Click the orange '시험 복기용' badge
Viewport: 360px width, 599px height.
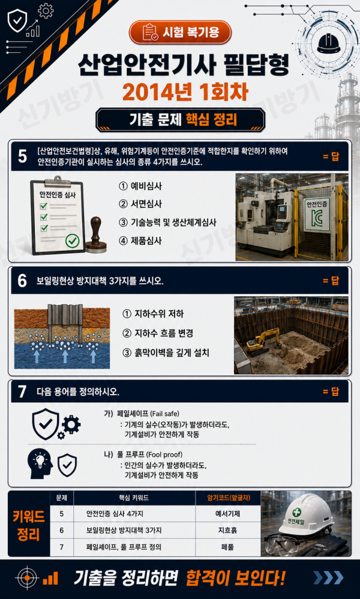coord(181,32)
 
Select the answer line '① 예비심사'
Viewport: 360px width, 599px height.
coord(140,186)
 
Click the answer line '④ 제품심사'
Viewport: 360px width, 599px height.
coord(140,240)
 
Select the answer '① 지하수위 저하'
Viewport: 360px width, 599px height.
coord(153,314)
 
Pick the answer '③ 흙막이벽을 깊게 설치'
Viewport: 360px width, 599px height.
coord(166,353)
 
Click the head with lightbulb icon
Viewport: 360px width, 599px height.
coord(40,463)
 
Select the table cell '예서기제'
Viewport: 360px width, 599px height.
coord(227,514)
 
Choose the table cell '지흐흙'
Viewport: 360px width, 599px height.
coord(227,531)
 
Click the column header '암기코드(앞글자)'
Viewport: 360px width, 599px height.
coord(228,498)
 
